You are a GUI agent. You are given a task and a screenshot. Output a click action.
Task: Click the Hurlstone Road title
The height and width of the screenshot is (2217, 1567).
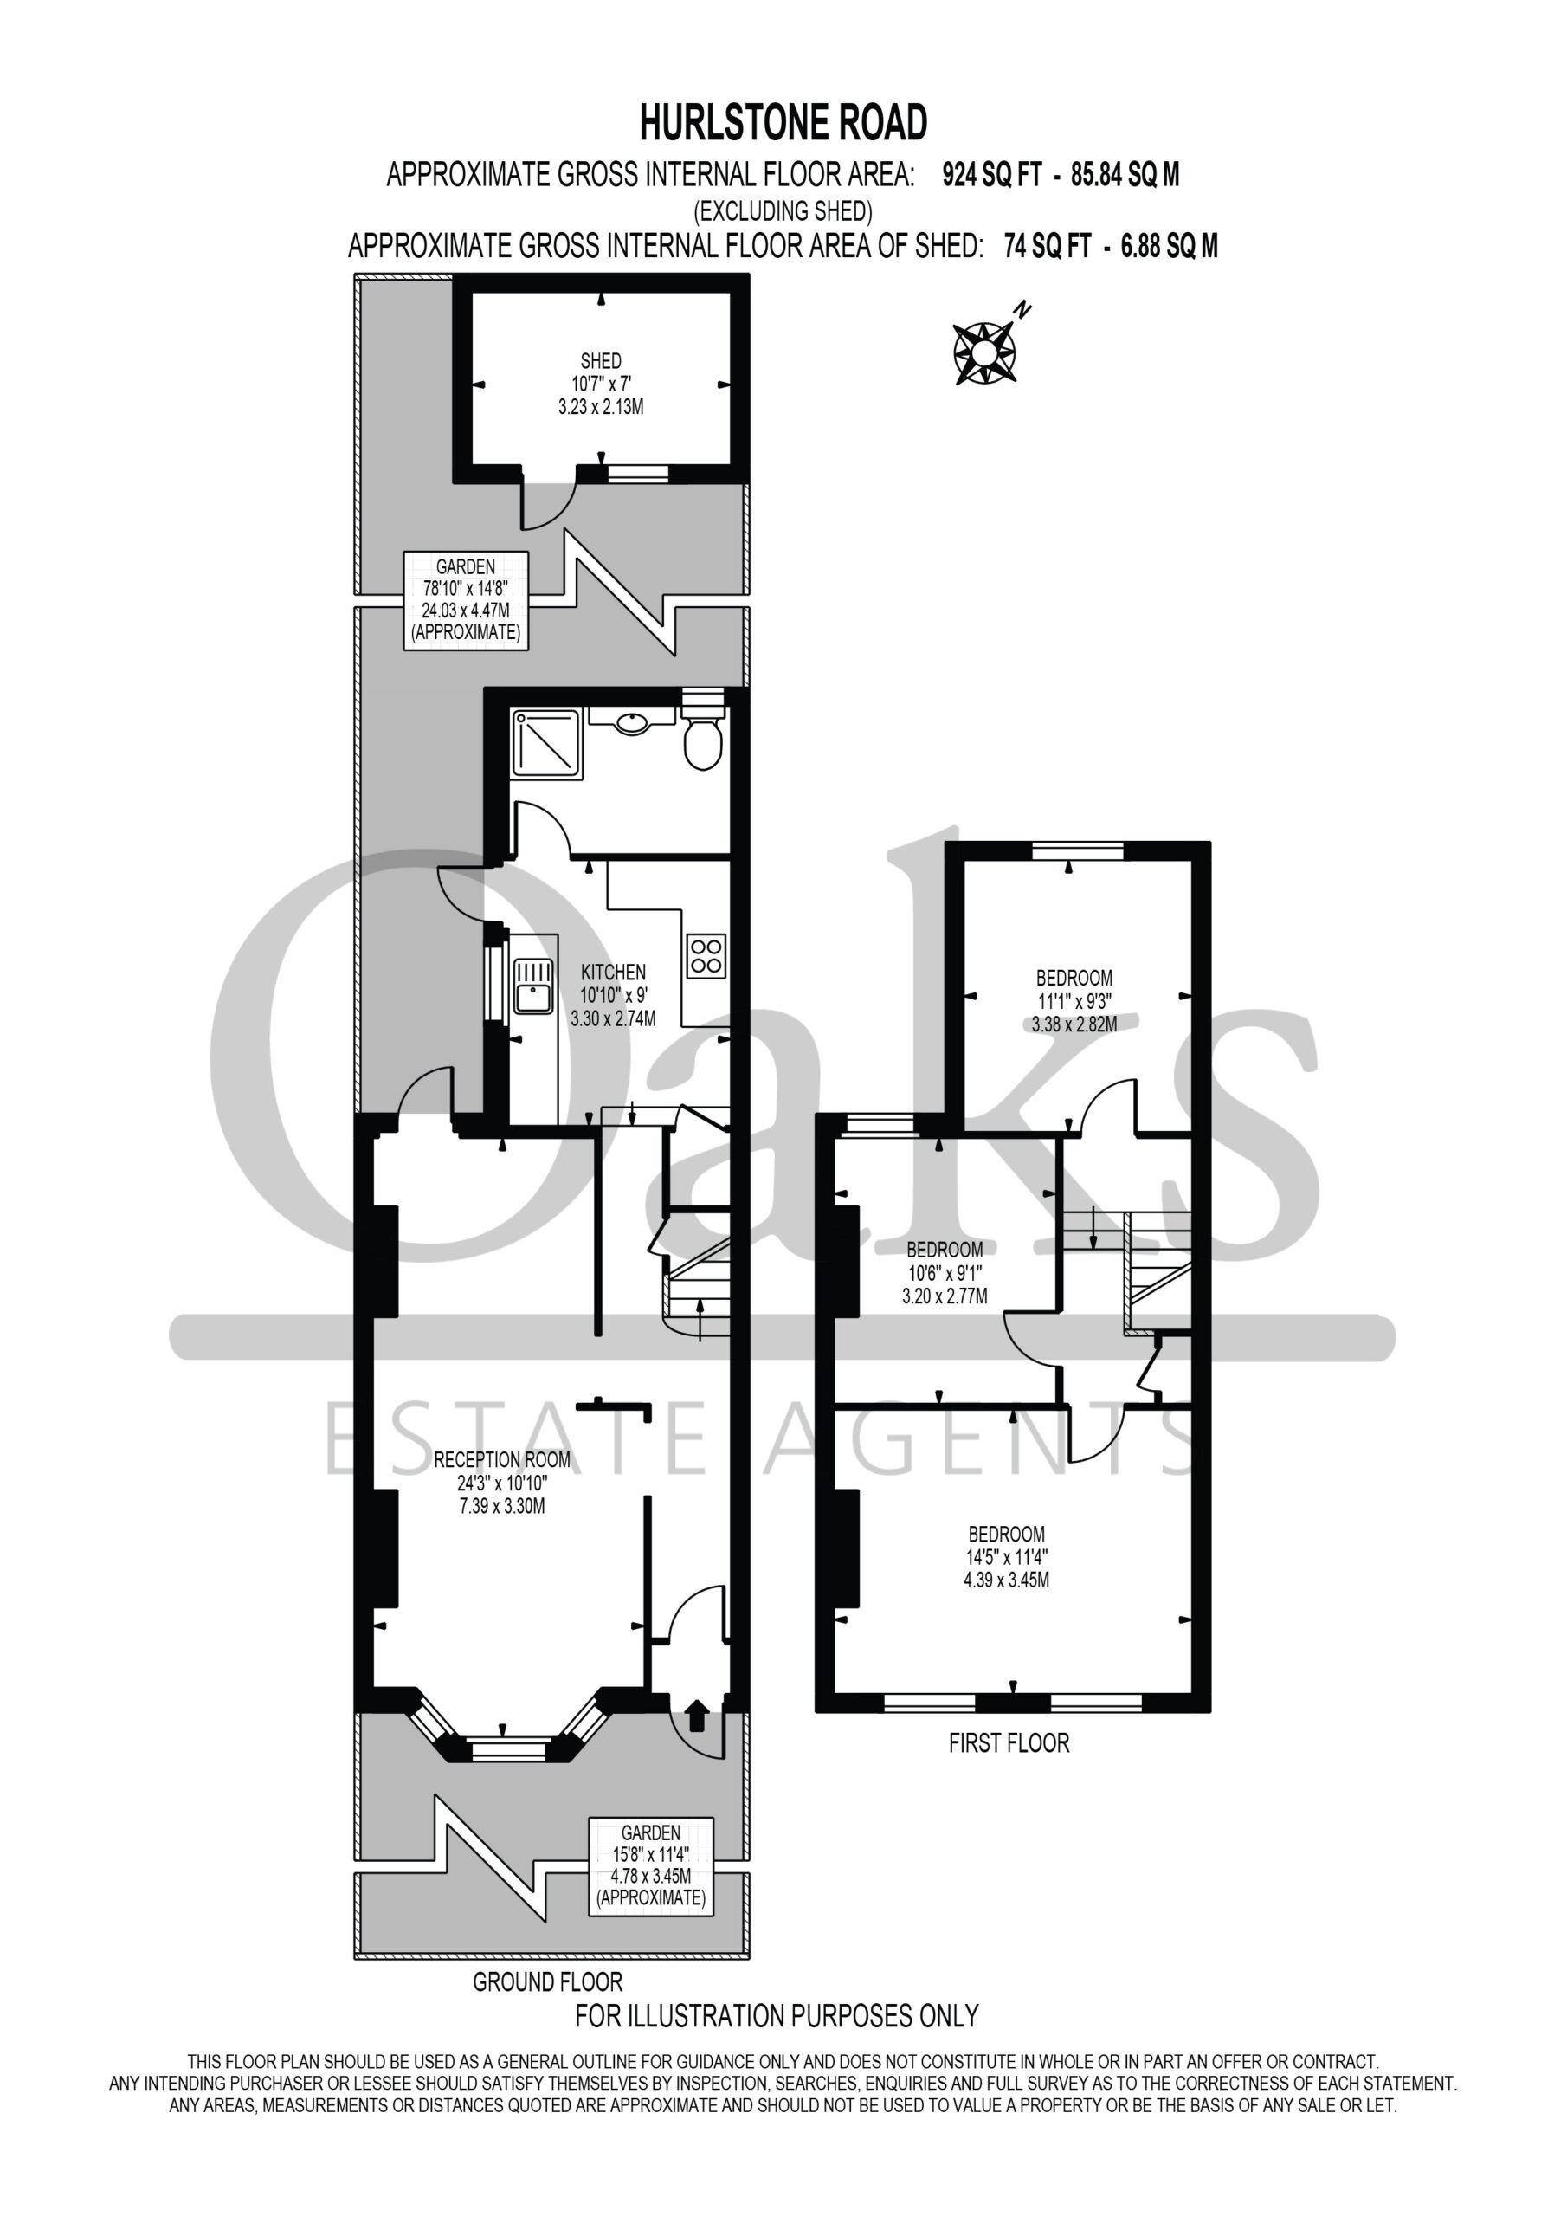pyautogui.click(x=784, y=123)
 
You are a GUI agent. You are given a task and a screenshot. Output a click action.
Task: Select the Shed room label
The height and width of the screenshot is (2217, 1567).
pyautogui.click(x=601, y=361)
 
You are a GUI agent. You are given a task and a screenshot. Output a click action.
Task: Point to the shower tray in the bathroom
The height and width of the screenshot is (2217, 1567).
pyautogui.click(x=546, y=744)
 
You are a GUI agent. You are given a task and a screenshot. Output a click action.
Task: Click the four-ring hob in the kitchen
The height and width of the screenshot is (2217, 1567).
pyautogui.click(x=706, y=955)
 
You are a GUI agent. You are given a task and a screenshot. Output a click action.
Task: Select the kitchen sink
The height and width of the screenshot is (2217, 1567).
pyautogui.click(x=534, y=985)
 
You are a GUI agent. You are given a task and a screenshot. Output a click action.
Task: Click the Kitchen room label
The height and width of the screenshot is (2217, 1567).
pyautogui.click(x=613, y=973)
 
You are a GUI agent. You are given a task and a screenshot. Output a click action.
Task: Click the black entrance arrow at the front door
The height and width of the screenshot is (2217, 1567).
pyautogui.click(x=696, y=1716)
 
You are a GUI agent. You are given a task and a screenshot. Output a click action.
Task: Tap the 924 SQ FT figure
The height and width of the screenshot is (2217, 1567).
pyautogui.click(x=992, y=175)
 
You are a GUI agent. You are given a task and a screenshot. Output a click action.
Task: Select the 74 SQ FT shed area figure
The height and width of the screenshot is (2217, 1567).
pyautogui.click(x=1048, y=247)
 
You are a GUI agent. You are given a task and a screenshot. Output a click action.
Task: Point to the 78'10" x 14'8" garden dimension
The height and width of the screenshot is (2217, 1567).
pyautogui.click(x=466, y=588)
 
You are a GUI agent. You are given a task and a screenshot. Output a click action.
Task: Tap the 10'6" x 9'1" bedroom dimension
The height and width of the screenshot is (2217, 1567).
pyautogui.click(x=945, y=1273)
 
